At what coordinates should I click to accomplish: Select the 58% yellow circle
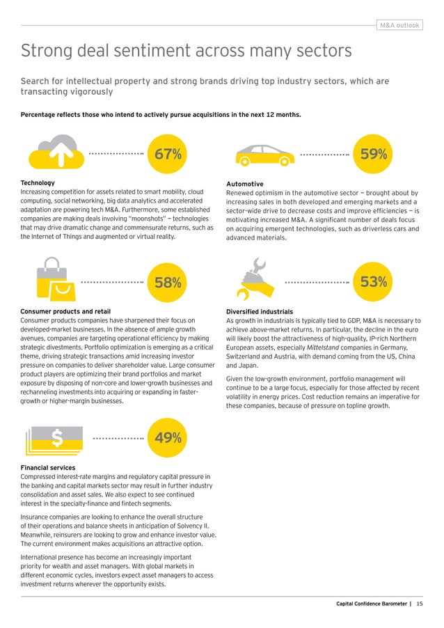pyautogui.click(x=168, y=283)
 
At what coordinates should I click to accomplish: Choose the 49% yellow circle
pyautogui.click(x=168, y=438)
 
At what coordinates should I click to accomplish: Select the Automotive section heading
pyautogui.click(x=244, y=184)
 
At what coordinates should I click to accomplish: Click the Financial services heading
pyautogui.click(x=48, y=467)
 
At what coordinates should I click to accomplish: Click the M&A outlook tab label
pyautogui.click(x=399, y=26)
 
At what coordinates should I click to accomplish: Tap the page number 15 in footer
pyautogui.click(x=420, y=604)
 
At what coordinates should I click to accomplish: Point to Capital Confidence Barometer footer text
pyautogui.click(x=371, y=604)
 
